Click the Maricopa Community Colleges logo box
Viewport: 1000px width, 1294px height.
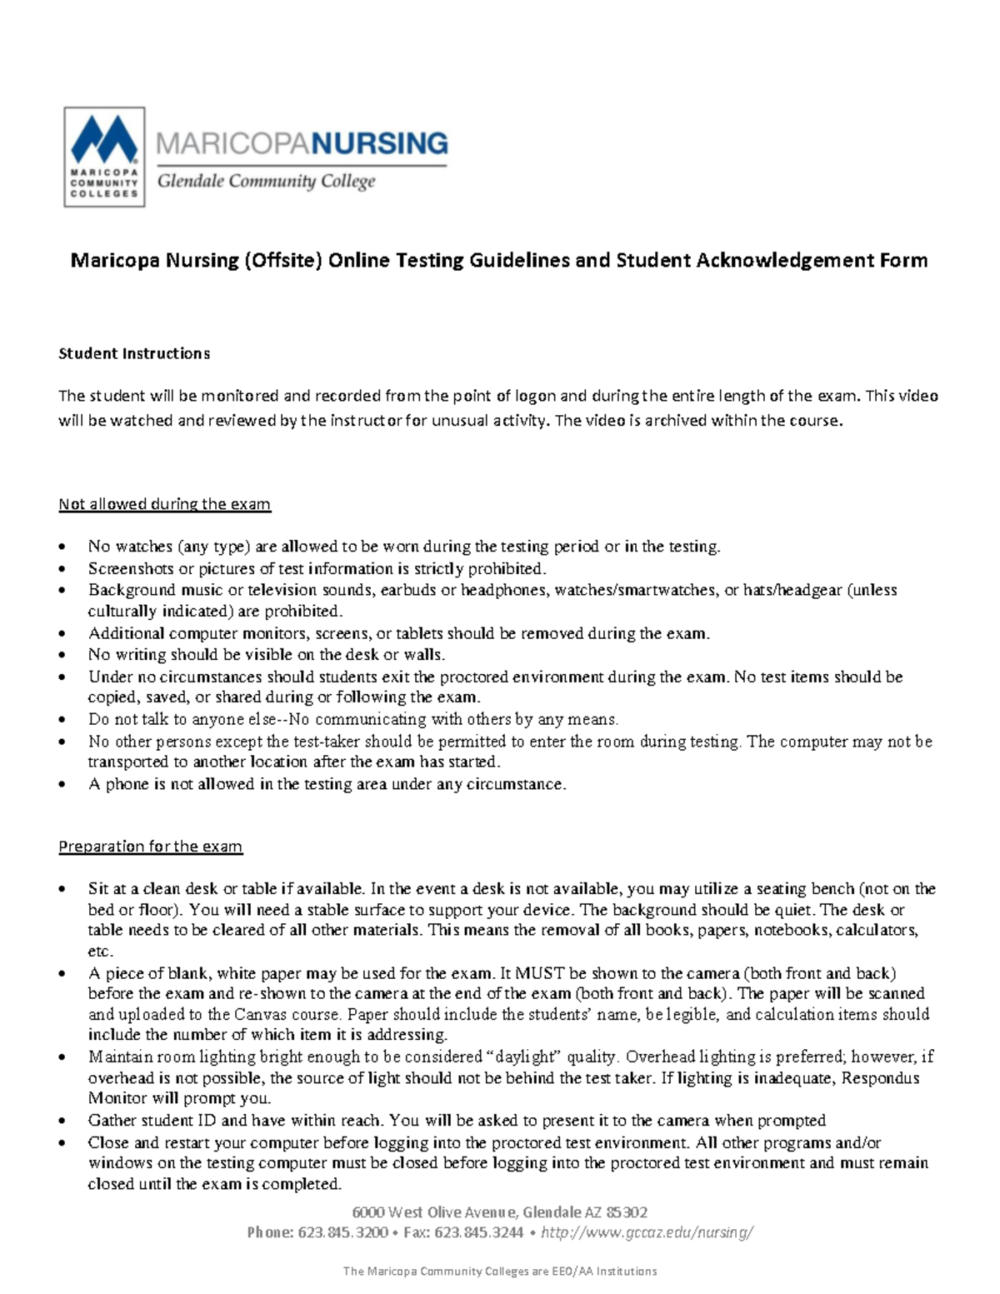(x=104, y=157)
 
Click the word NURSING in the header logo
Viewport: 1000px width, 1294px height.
(x=380, y=143)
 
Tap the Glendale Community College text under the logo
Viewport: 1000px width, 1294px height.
(x=267, y=181)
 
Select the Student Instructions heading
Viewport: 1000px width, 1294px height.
(x=133, y=353)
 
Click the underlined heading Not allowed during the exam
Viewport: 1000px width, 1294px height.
(x=164, y=504)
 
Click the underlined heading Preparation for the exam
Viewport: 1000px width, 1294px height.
(x=150, y=847)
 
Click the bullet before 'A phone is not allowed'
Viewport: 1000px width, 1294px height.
(x=62, y=785)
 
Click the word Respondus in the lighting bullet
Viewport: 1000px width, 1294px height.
(x=881, y=1078)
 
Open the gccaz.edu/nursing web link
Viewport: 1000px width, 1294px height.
(x=647, y=1232)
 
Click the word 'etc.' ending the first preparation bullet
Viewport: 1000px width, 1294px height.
(x=100, y=952)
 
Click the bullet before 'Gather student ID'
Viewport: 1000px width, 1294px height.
(x=62, y=1122)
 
